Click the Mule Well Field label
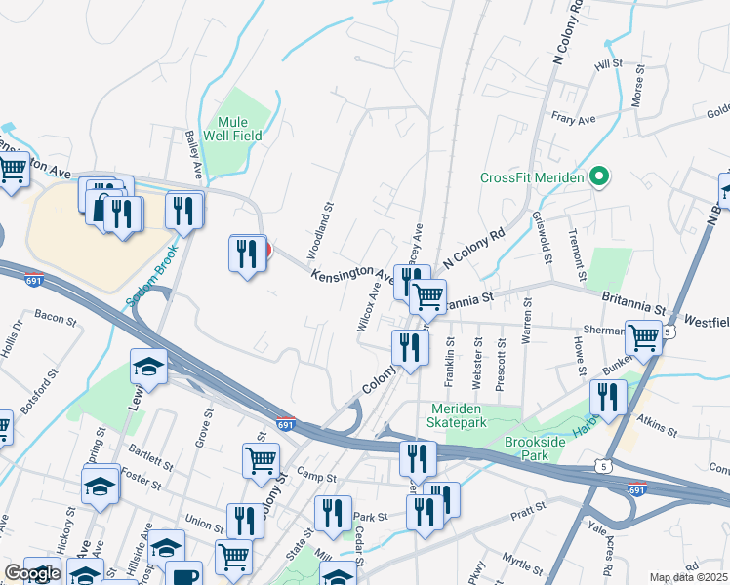pos(233,129)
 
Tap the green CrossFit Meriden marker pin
pos(600,177)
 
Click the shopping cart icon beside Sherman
pos(643,338)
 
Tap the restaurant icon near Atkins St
pos(609,397)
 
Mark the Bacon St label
pos(55,315)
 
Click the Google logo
pos(31,573)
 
